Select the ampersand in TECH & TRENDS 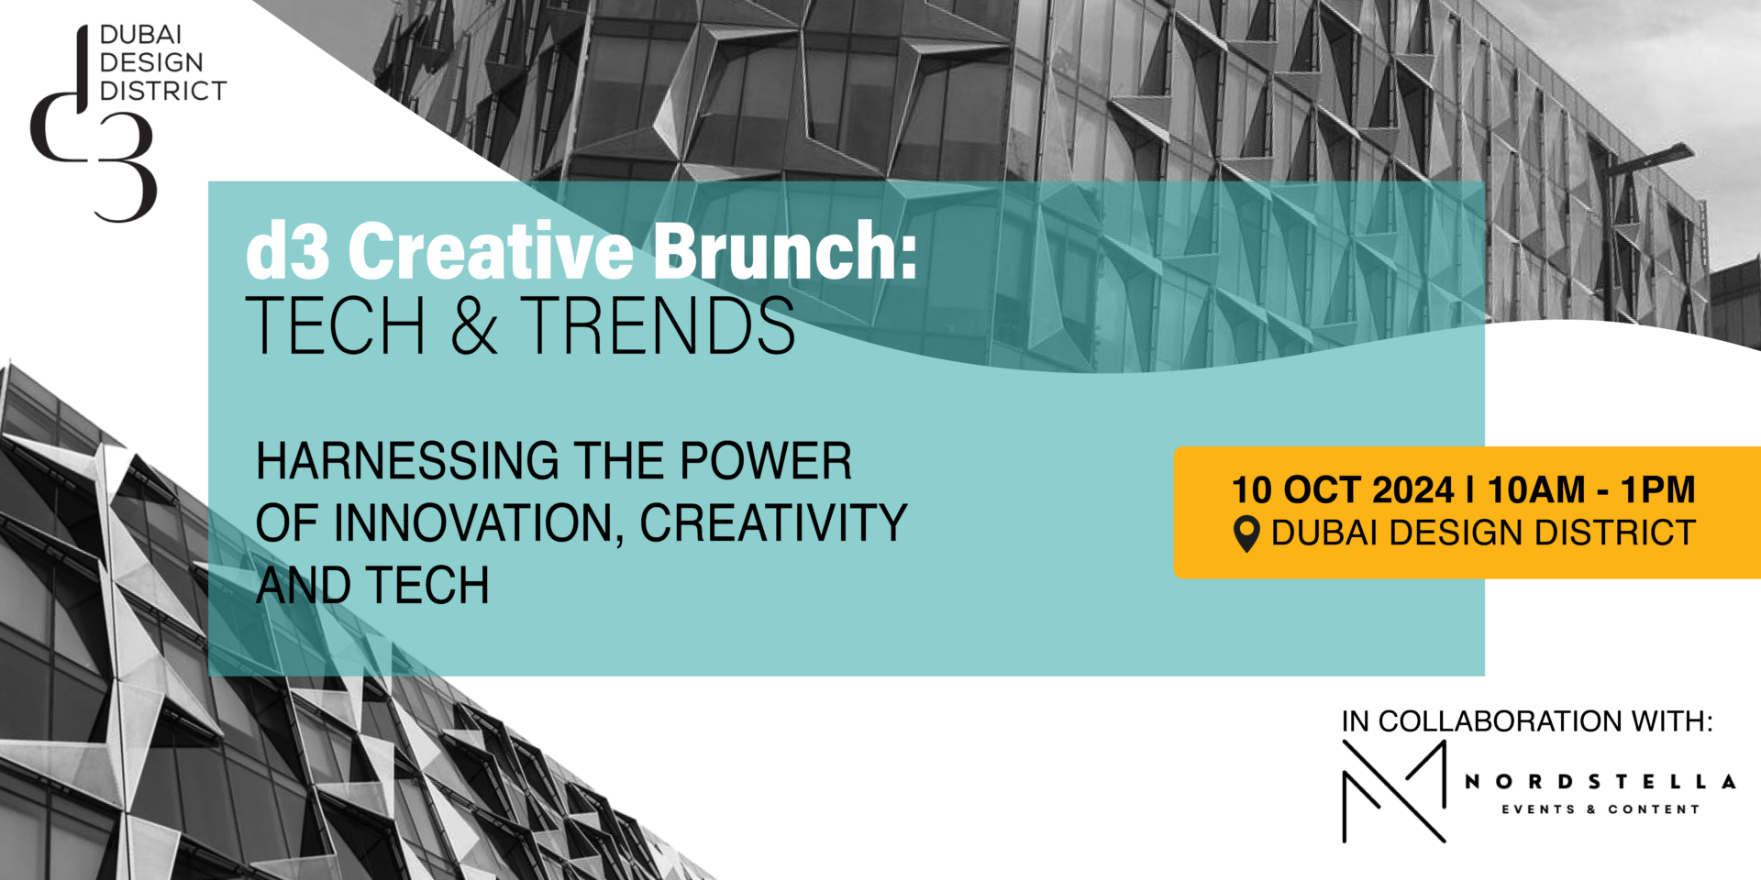pyautogui.click(x=473, y=325)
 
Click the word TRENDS pyautogui.click(x=658, y=325)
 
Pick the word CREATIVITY pyautogui.click(x=773, y=522)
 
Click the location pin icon pyautogui.click(x=1246, y=533)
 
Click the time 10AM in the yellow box pyautogui.click(x=1536, y=490)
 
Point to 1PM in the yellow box pyautogui.click(x=1657, y=490)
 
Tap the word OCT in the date pyautogui.click(x=1321, y=490)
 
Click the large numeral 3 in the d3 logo pyautogui.click(x=126, y=167)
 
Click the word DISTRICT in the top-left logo pyautogui.click(x=163, y=91)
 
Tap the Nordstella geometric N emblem pyautogui.click(x=1394, y=791)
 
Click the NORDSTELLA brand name pyautogui.click(x=1600, y=782)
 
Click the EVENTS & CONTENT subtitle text pyautogui.click(x=1600, y=809)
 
